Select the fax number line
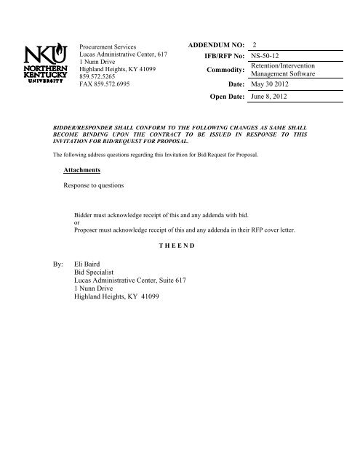coord(109,86)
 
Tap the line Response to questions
coord(96,186)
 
